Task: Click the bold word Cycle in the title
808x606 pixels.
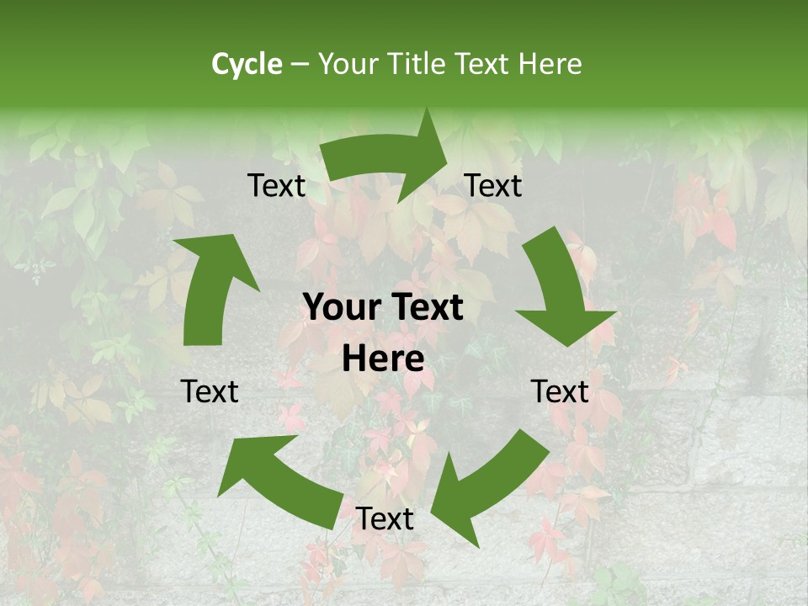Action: pos(247,64)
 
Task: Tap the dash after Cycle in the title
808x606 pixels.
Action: pos(300,65)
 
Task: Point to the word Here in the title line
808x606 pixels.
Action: pos(550,64)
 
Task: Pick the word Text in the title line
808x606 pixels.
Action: pos(485,64)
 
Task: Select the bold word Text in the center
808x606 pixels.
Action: pos(423,308)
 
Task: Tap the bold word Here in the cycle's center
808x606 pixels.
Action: pos(383,359)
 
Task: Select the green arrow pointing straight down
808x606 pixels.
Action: pos(560,290)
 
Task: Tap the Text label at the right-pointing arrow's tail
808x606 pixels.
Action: pos(277,186)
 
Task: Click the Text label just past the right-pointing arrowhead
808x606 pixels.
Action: pos(493,186)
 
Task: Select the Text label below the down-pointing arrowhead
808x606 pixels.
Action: pos(560,391)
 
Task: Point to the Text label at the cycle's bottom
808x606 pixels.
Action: pos(385,519)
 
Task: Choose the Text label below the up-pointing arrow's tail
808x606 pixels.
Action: pos(210,391)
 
